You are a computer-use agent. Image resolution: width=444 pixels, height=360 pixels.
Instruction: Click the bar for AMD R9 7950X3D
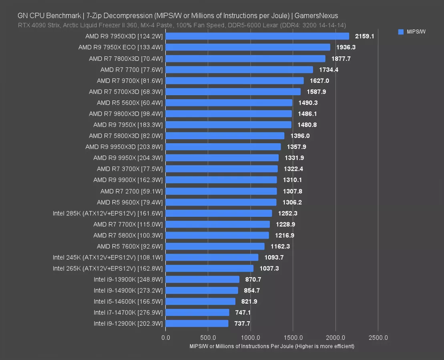pyautogui.click(x=257, y=36)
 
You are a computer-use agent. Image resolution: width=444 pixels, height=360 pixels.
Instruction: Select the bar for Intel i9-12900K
pyautogui.click(x=197, y=323)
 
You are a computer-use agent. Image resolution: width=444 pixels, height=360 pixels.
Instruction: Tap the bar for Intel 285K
pyautogui.click(x=219, y=213)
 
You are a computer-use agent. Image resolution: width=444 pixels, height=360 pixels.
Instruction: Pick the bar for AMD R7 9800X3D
pyautogui.click(x=229, y=114)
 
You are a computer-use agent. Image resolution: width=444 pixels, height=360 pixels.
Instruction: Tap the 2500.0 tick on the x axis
pyautogui.click(x=378, y=337)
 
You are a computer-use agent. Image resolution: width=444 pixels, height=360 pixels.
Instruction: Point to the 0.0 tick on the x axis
pyautogui.click(x=166, y=337)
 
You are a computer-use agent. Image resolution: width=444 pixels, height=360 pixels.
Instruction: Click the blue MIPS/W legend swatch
pyautogui.click(x=401, y=32)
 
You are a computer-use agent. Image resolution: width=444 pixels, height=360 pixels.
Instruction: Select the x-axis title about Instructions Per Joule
pyautogui.click(x=272, y=346)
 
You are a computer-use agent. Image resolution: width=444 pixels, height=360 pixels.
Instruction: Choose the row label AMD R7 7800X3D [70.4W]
pyautogui.click(x=126, y=58)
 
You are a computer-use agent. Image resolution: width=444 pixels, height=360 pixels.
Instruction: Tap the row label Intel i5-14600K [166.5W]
pyautogui.click(x=128, y=301)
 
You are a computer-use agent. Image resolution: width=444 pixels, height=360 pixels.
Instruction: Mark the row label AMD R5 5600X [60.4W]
pyautogui.click(x=130, y=103)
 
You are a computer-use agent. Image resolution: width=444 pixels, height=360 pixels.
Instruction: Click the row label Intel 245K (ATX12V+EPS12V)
pyautogui.click(x=108, y=257)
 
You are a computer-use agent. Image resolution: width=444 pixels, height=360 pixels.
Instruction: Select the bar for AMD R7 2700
pyautogui.click(x=221, y=191)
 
